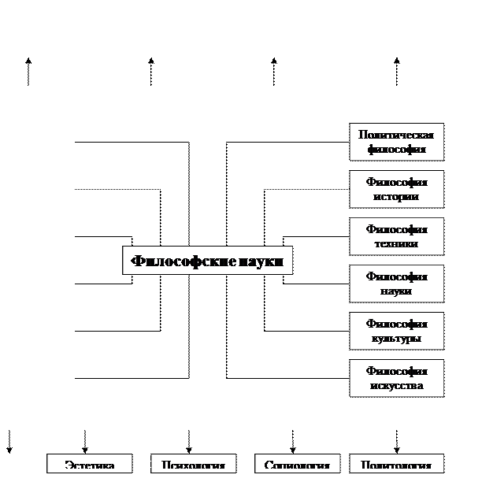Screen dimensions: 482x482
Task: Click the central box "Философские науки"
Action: tap(207, 261)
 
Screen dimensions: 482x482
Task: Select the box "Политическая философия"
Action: tap(396, 142)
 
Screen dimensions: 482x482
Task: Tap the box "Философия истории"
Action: tap(396, 189)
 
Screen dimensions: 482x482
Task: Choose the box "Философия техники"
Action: tap(396, 236)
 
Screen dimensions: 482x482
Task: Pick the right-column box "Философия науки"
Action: tap(396, 284)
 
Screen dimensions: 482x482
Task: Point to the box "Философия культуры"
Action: tap(396, 331)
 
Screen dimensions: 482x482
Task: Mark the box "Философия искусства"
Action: tap(396, 378)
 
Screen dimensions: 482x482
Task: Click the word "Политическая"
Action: tap(396, 135)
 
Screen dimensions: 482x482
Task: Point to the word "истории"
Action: tap(396, 197)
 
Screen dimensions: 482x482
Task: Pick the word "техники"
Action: tap(396, 244)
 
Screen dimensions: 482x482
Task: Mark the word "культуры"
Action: tap(396, 339)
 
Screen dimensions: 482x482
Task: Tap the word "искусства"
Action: tap(396, 386)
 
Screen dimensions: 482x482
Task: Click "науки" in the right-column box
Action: tap(396, 291)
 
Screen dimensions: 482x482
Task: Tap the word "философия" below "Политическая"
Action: tap(396, 149)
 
